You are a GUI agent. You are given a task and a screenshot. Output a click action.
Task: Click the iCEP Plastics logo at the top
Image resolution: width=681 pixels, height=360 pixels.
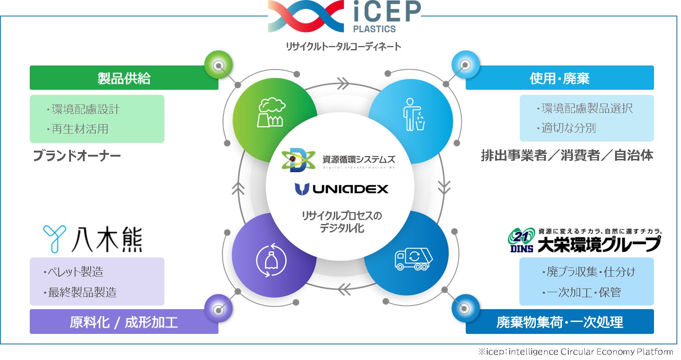pos(344,16)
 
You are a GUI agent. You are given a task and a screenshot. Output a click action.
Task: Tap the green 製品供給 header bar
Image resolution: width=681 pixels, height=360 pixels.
pos(124,77)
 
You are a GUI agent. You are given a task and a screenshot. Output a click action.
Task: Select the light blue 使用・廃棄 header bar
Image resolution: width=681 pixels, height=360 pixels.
pos(560,77)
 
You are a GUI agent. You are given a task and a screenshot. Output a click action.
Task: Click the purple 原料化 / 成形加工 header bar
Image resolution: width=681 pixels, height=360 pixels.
pos(124,322)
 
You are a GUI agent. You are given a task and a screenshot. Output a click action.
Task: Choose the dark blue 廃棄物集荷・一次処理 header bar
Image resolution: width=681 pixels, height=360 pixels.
pos(560,322)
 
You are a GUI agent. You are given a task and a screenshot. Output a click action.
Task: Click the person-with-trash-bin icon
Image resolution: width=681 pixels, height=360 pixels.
pos(414,115)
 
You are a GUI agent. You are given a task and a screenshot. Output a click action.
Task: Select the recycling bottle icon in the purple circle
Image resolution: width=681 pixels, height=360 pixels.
pos(272,260)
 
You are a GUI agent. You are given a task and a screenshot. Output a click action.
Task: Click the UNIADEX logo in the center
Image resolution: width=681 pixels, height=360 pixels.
pos(341,189)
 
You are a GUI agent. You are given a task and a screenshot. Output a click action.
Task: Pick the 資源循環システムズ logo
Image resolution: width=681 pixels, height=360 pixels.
pos(338,160)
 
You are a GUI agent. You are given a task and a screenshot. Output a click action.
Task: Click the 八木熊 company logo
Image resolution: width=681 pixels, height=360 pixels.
pos(93,239)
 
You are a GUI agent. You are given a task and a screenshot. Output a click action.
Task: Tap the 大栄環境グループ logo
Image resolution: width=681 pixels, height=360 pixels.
pos(585,240)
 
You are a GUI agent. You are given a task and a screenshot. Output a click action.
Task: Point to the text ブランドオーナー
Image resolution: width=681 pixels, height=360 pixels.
pos(77,156)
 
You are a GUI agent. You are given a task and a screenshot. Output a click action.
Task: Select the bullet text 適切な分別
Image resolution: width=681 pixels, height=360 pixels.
pos(566,128)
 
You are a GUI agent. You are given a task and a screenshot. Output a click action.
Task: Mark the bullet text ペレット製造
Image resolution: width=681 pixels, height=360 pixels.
pos(73,272)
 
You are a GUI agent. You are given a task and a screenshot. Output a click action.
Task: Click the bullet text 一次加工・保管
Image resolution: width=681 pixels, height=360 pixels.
pos(581,292)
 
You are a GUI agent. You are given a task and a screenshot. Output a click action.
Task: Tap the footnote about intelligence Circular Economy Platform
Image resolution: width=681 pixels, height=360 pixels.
pos(576,352)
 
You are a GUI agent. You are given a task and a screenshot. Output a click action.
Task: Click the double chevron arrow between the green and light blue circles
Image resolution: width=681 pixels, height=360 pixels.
pos(343,83)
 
